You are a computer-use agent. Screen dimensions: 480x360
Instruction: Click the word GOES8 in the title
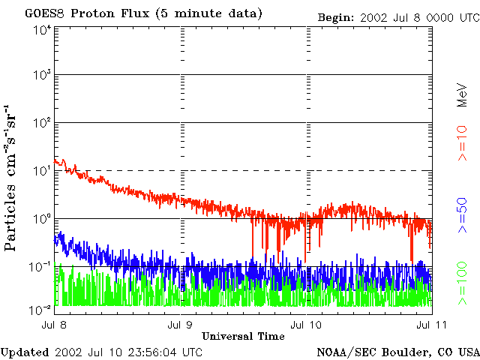[x=44, y=13]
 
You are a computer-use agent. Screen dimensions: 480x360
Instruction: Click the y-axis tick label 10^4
[x=43, y=31]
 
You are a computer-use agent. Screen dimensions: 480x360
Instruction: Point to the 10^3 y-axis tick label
[x=43, y=74]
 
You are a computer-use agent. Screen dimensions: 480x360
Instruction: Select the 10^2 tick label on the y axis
[x=43, y=122]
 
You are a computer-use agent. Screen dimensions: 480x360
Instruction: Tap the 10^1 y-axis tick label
[x=43, y=170]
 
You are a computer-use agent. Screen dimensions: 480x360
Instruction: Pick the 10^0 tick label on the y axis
[x=43, y=218]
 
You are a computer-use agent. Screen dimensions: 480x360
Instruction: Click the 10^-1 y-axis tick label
[x=40, y=267]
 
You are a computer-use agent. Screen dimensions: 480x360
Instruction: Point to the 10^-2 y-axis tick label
[x=40, y=310]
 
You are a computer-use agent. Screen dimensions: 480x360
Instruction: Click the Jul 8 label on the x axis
[x=54, y=325]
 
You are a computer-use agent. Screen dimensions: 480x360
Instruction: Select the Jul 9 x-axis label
[x=180, y=325]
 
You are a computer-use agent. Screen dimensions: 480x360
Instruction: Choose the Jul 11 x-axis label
[x=432, y=325]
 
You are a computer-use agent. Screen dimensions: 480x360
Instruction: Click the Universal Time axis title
[x=243, y=336]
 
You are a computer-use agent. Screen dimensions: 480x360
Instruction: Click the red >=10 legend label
[x=463, y=143]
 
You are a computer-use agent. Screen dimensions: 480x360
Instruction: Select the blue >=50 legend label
[x=463, y=215]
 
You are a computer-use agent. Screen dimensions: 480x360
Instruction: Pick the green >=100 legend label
[x=463, y=283]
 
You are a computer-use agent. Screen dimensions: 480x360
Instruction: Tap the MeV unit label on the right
[x=463, y=95]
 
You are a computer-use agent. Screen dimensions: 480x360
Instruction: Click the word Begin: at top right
[x=336, y=17]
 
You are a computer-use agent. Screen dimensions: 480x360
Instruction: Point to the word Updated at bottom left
[x=25, y=352]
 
